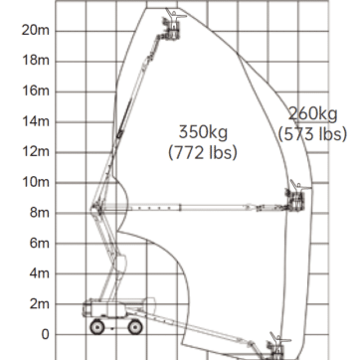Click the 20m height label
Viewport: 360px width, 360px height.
(x=36, y=31)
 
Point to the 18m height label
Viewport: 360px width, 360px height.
(x=36, y=61)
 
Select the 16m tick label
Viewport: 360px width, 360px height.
(x=36, y=90)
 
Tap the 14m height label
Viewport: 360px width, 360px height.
(x=36, y=121)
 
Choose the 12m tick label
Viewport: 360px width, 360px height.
(x=36, y=151)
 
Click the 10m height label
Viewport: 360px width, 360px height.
(x=36, y=182)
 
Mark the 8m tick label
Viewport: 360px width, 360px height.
(x=40, y=213)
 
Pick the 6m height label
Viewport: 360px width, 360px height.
(x=40, y=243)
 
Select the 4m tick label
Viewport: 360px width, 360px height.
(x=40, y=273)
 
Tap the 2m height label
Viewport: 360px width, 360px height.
(x=40, y=303)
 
